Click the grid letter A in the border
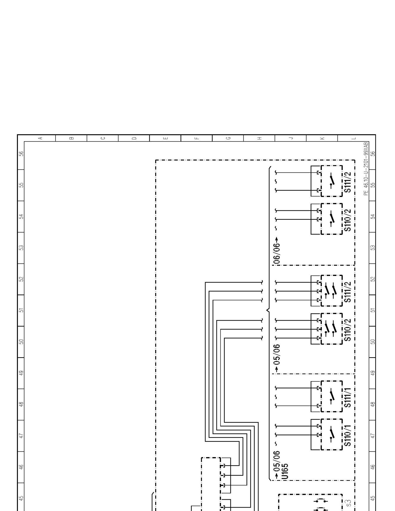40,138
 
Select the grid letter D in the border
134,138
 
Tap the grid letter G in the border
228,138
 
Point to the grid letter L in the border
354,138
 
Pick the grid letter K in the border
322,138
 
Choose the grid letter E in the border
165,138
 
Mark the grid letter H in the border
259,138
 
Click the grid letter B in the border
71,138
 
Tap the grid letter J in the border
291,138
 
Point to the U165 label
286,471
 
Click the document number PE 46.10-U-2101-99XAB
366,169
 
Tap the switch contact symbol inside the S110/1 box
332,435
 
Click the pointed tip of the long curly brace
267,310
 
